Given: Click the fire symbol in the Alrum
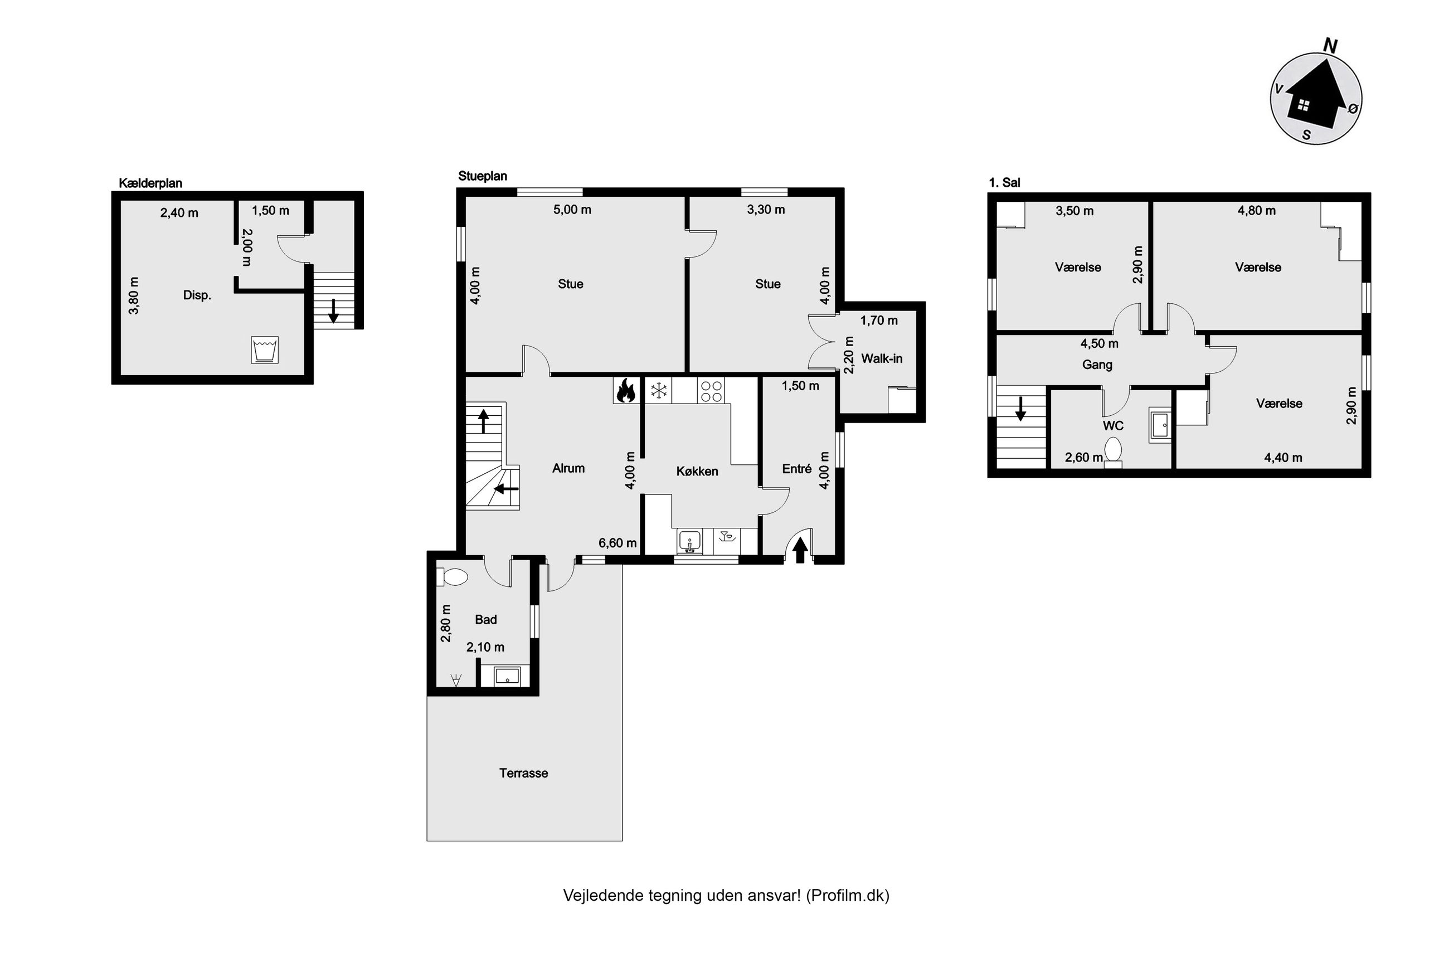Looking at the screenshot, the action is [x=626, y=390].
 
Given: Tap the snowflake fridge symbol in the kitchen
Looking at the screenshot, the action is [x=659, y=390].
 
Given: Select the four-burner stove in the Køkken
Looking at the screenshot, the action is [x=711, y=390].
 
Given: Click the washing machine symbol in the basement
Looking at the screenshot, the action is [x=265, y=349].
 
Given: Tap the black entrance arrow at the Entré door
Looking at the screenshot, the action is [x=799, y=550].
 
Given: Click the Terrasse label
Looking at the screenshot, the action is [x=523, y=773].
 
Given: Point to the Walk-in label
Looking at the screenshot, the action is [x=881, y=358].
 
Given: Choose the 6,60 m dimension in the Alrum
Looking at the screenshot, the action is [x=617, y=543].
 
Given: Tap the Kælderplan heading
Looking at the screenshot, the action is [x=150, y=183].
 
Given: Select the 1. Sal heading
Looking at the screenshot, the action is [x=1004, y=182].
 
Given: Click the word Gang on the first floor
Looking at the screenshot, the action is [x=1097, y=365].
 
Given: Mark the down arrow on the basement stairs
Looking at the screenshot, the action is [x=333, y=310].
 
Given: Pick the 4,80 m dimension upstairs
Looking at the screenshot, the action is [x=1256, y=211].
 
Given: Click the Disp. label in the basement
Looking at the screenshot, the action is [x=197, y=295].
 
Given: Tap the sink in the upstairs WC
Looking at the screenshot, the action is [x=1160, y=425].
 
